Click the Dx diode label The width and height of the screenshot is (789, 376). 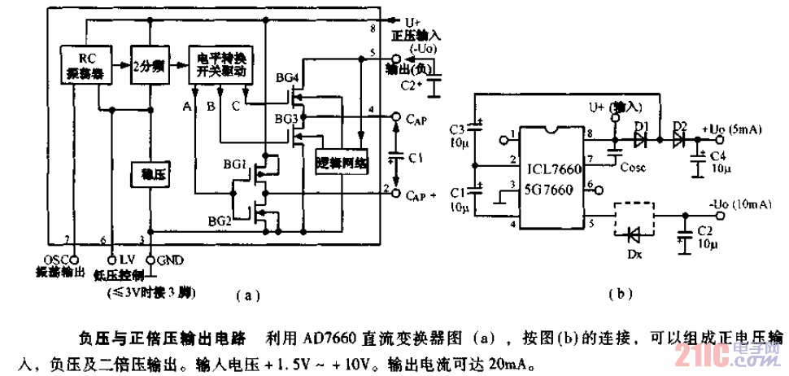tap(634, 255)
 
